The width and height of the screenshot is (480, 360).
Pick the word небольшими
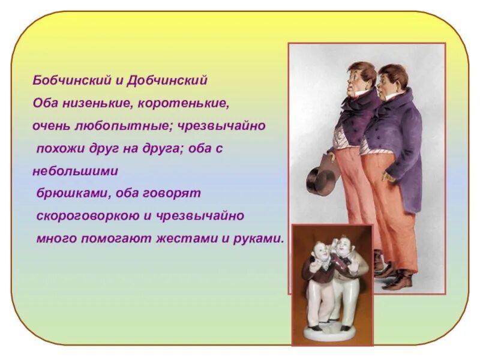(76, 171)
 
